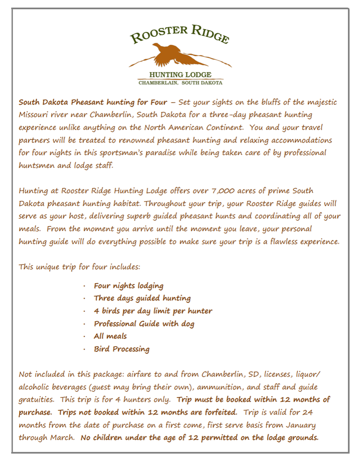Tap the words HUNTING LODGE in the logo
(x=180, y=74)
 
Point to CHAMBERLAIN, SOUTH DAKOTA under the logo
(x=180, y=83)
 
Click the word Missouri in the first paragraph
(x=34, y=115)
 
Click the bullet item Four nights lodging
(x=128, y=286)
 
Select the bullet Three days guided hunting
(x=142, y=298)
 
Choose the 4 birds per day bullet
(x=153, y=311)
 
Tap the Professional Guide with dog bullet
(x=144, y=324)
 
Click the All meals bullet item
(x=110, y=336)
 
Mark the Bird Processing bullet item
(x=121, y=349)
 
